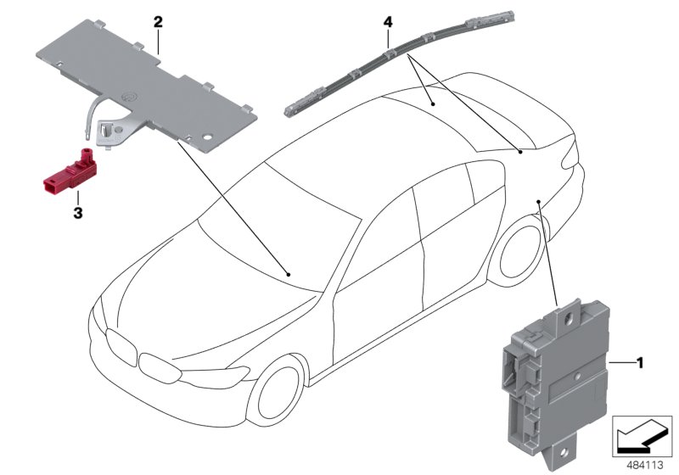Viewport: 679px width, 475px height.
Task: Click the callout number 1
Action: click(x=640, y=363)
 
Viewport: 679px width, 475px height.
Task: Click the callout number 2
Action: click(x=158, y=21)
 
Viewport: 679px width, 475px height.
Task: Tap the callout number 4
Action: click(x=387, y=20)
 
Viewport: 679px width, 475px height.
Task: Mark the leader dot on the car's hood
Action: click(x=289, y=274)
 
